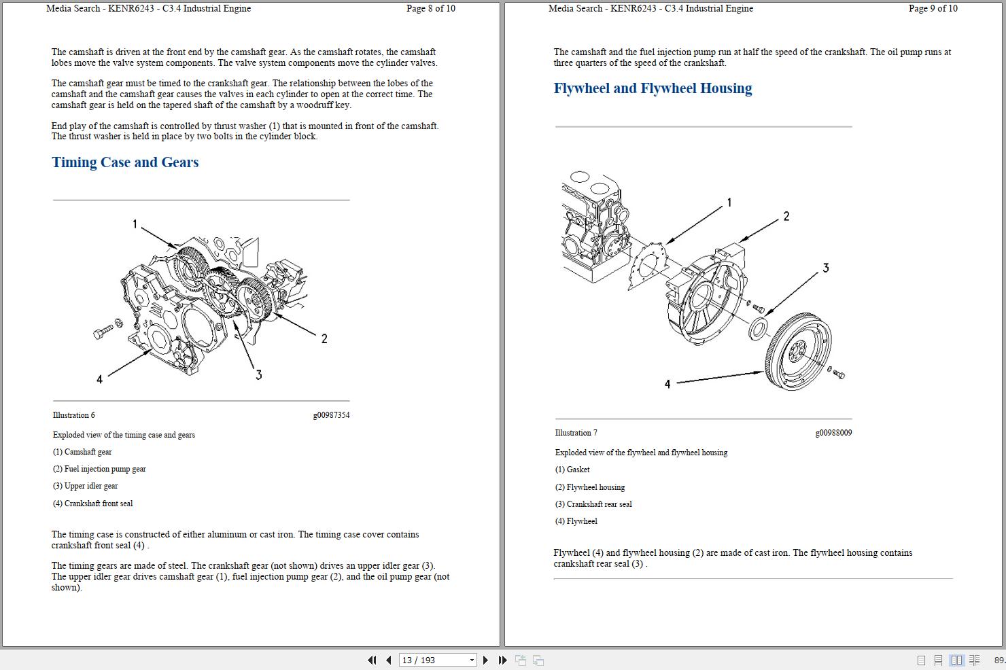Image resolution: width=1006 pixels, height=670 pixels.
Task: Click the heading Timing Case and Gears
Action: (125, 162)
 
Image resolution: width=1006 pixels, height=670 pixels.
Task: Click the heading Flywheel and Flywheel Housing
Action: (653, 88)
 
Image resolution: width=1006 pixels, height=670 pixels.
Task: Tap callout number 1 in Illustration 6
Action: (135, 224)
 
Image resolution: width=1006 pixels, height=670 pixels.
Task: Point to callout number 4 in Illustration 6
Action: (99, 379)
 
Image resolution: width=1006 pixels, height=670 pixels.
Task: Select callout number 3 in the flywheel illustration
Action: (825, 268)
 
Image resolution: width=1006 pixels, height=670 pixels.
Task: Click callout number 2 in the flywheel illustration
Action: (786, 216)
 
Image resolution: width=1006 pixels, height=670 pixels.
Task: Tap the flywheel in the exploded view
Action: (799, 351)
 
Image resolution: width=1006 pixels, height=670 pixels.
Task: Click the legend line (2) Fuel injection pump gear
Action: (99, 469)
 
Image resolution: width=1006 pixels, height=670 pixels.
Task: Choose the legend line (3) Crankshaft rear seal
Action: (593, 504)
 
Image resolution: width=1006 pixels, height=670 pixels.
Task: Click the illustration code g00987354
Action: (331, 415)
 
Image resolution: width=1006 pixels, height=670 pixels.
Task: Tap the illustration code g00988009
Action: (833, 433)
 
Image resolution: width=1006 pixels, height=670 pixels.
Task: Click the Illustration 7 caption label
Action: (576, 433)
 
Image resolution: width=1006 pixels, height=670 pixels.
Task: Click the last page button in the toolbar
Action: (502, 660)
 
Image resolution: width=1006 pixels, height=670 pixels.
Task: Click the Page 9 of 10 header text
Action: (933, 9)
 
